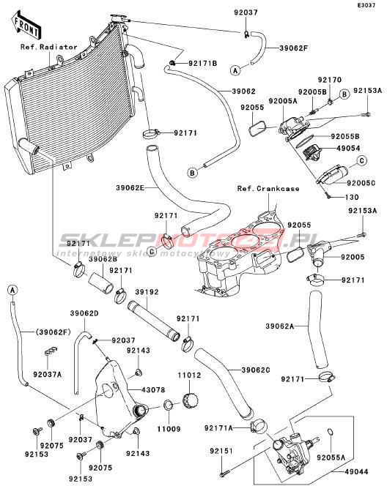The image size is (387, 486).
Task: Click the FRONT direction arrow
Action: click(x=26, y=25)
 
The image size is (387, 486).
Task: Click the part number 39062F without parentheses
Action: click(x=294, y=48)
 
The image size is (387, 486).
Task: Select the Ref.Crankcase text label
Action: click(x=268, y=188)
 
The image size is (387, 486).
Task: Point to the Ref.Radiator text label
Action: click(x=49, y=47)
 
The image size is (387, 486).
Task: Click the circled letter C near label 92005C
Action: click(x=361, y=161)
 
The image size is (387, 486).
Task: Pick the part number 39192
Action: click(x=147, y=292)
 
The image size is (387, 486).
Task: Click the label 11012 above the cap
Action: click(x=189, y=375)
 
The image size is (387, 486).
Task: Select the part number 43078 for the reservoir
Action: click(x=153, y=390)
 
